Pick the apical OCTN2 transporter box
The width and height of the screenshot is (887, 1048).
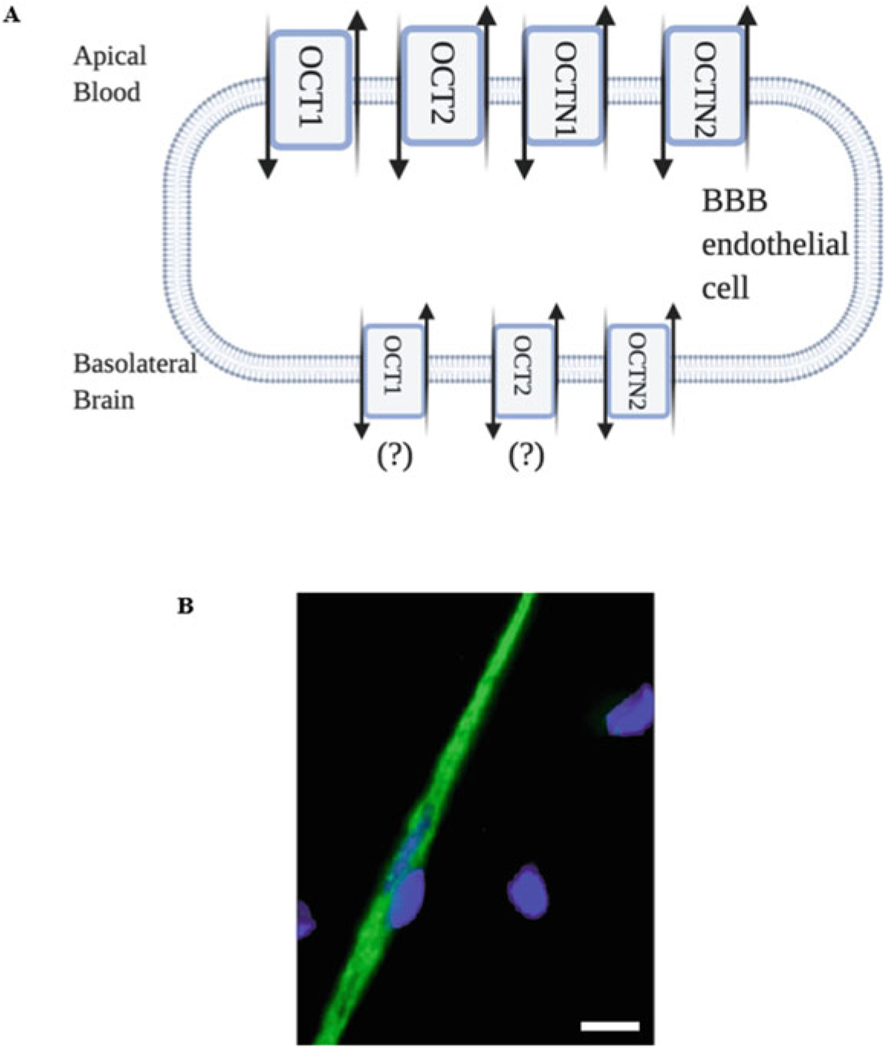(704, 86)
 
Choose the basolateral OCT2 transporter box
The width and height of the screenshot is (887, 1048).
(524, 371)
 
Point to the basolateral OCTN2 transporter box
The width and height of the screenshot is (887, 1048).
(638, 371)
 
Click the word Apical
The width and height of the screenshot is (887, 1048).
(110, 56)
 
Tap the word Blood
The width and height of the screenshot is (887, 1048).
(106, 92)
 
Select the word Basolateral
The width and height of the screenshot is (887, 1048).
(135, 364)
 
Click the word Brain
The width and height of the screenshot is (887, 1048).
(103, 400)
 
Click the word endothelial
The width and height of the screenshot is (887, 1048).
(775, 246)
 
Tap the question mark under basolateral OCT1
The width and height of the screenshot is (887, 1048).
(394, 458)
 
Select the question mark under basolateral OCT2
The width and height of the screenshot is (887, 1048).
(526, 458)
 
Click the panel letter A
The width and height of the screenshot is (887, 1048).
(12, 16)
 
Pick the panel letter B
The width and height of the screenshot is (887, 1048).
(185, 606)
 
